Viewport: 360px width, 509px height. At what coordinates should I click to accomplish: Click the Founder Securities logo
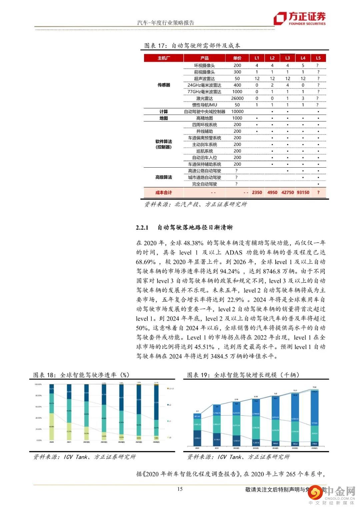(x=299, y=19)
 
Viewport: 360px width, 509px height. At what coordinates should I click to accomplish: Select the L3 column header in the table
(x=288, y=58)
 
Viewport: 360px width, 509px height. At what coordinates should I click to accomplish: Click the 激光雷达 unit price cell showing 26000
(x=237, y=98)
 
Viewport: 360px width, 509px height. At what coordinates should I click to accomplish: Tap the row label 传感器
(x=164, y=85)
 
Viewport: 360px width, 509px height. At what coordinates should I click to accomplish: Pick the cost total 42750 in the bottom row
(x=288, y=192)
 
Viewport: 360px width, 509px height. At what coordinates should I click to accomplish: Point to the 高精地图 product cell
(x=204, y=118)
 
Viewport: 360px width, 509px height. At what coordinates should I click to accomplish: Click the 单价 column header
(x=237, y=58)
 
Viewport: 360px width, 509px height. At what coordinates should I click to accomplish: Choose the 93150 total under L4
(x=303, y=192)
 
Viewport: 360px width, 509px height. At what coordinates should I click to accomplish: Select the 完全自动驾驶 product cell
(x=204, y=184)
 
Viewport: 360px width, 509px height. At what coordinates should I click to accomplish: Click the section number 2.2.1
(x=142, y=228)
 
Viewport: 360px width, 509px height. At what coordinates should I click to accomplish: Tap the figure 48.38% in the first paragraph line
(x=193, y=243)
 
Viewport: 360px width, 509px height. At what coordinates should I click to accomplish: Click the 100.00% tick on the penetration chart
(x=38, y=384)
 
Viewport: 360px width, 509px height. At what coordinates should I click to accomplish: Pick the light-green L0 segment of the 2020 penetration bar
(x=52, y=427)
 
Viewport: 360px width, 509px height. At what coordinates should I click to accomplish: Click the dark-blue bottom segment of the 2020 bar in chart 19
(x=197, y=438)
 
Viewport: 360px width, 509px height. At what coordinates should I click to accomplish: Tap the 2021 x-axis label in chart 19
(x=217, y=448)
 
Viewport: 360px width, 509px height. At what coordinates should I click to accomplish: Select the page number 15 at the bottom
(x=180, y=489)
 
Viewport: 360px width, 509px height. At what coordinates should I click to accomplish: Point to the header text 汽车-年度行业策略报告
(x=166, y=23)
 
